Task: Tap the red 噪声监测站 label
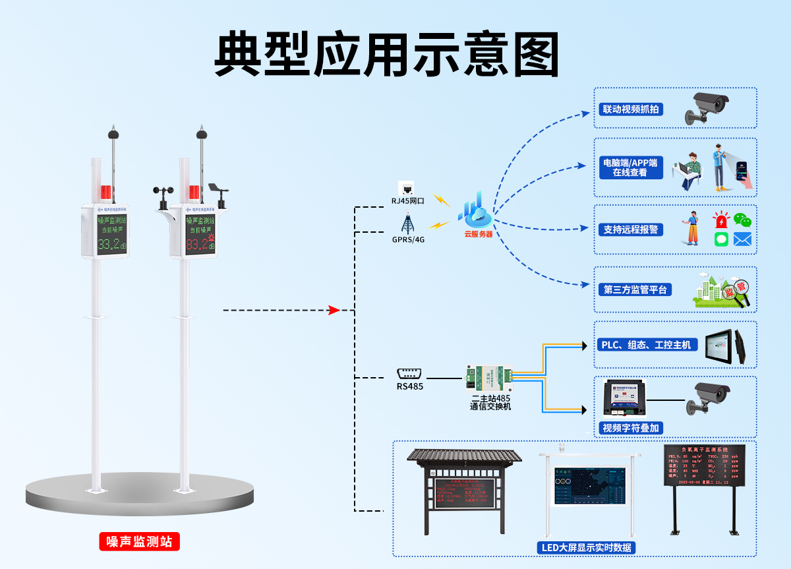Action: pos(139,541)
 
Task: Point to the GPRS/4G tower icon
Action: pos(407,223)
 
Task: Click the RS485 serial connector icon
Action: pos(409,373)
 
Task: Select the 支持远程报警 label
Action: pos(631,229)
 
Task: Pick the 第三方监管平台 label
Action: pos(635,289)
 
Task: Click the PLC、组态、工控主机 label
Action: pos(647,344)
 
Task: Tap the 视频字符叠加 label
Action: pos(631,428)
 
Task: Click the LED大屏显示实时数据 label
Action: pos(584,547)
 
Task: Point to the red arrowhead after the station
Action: pos(334,310)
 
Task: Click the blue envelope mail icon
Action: pos(742,239)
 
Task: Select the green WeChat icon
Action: pos(742,220)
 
